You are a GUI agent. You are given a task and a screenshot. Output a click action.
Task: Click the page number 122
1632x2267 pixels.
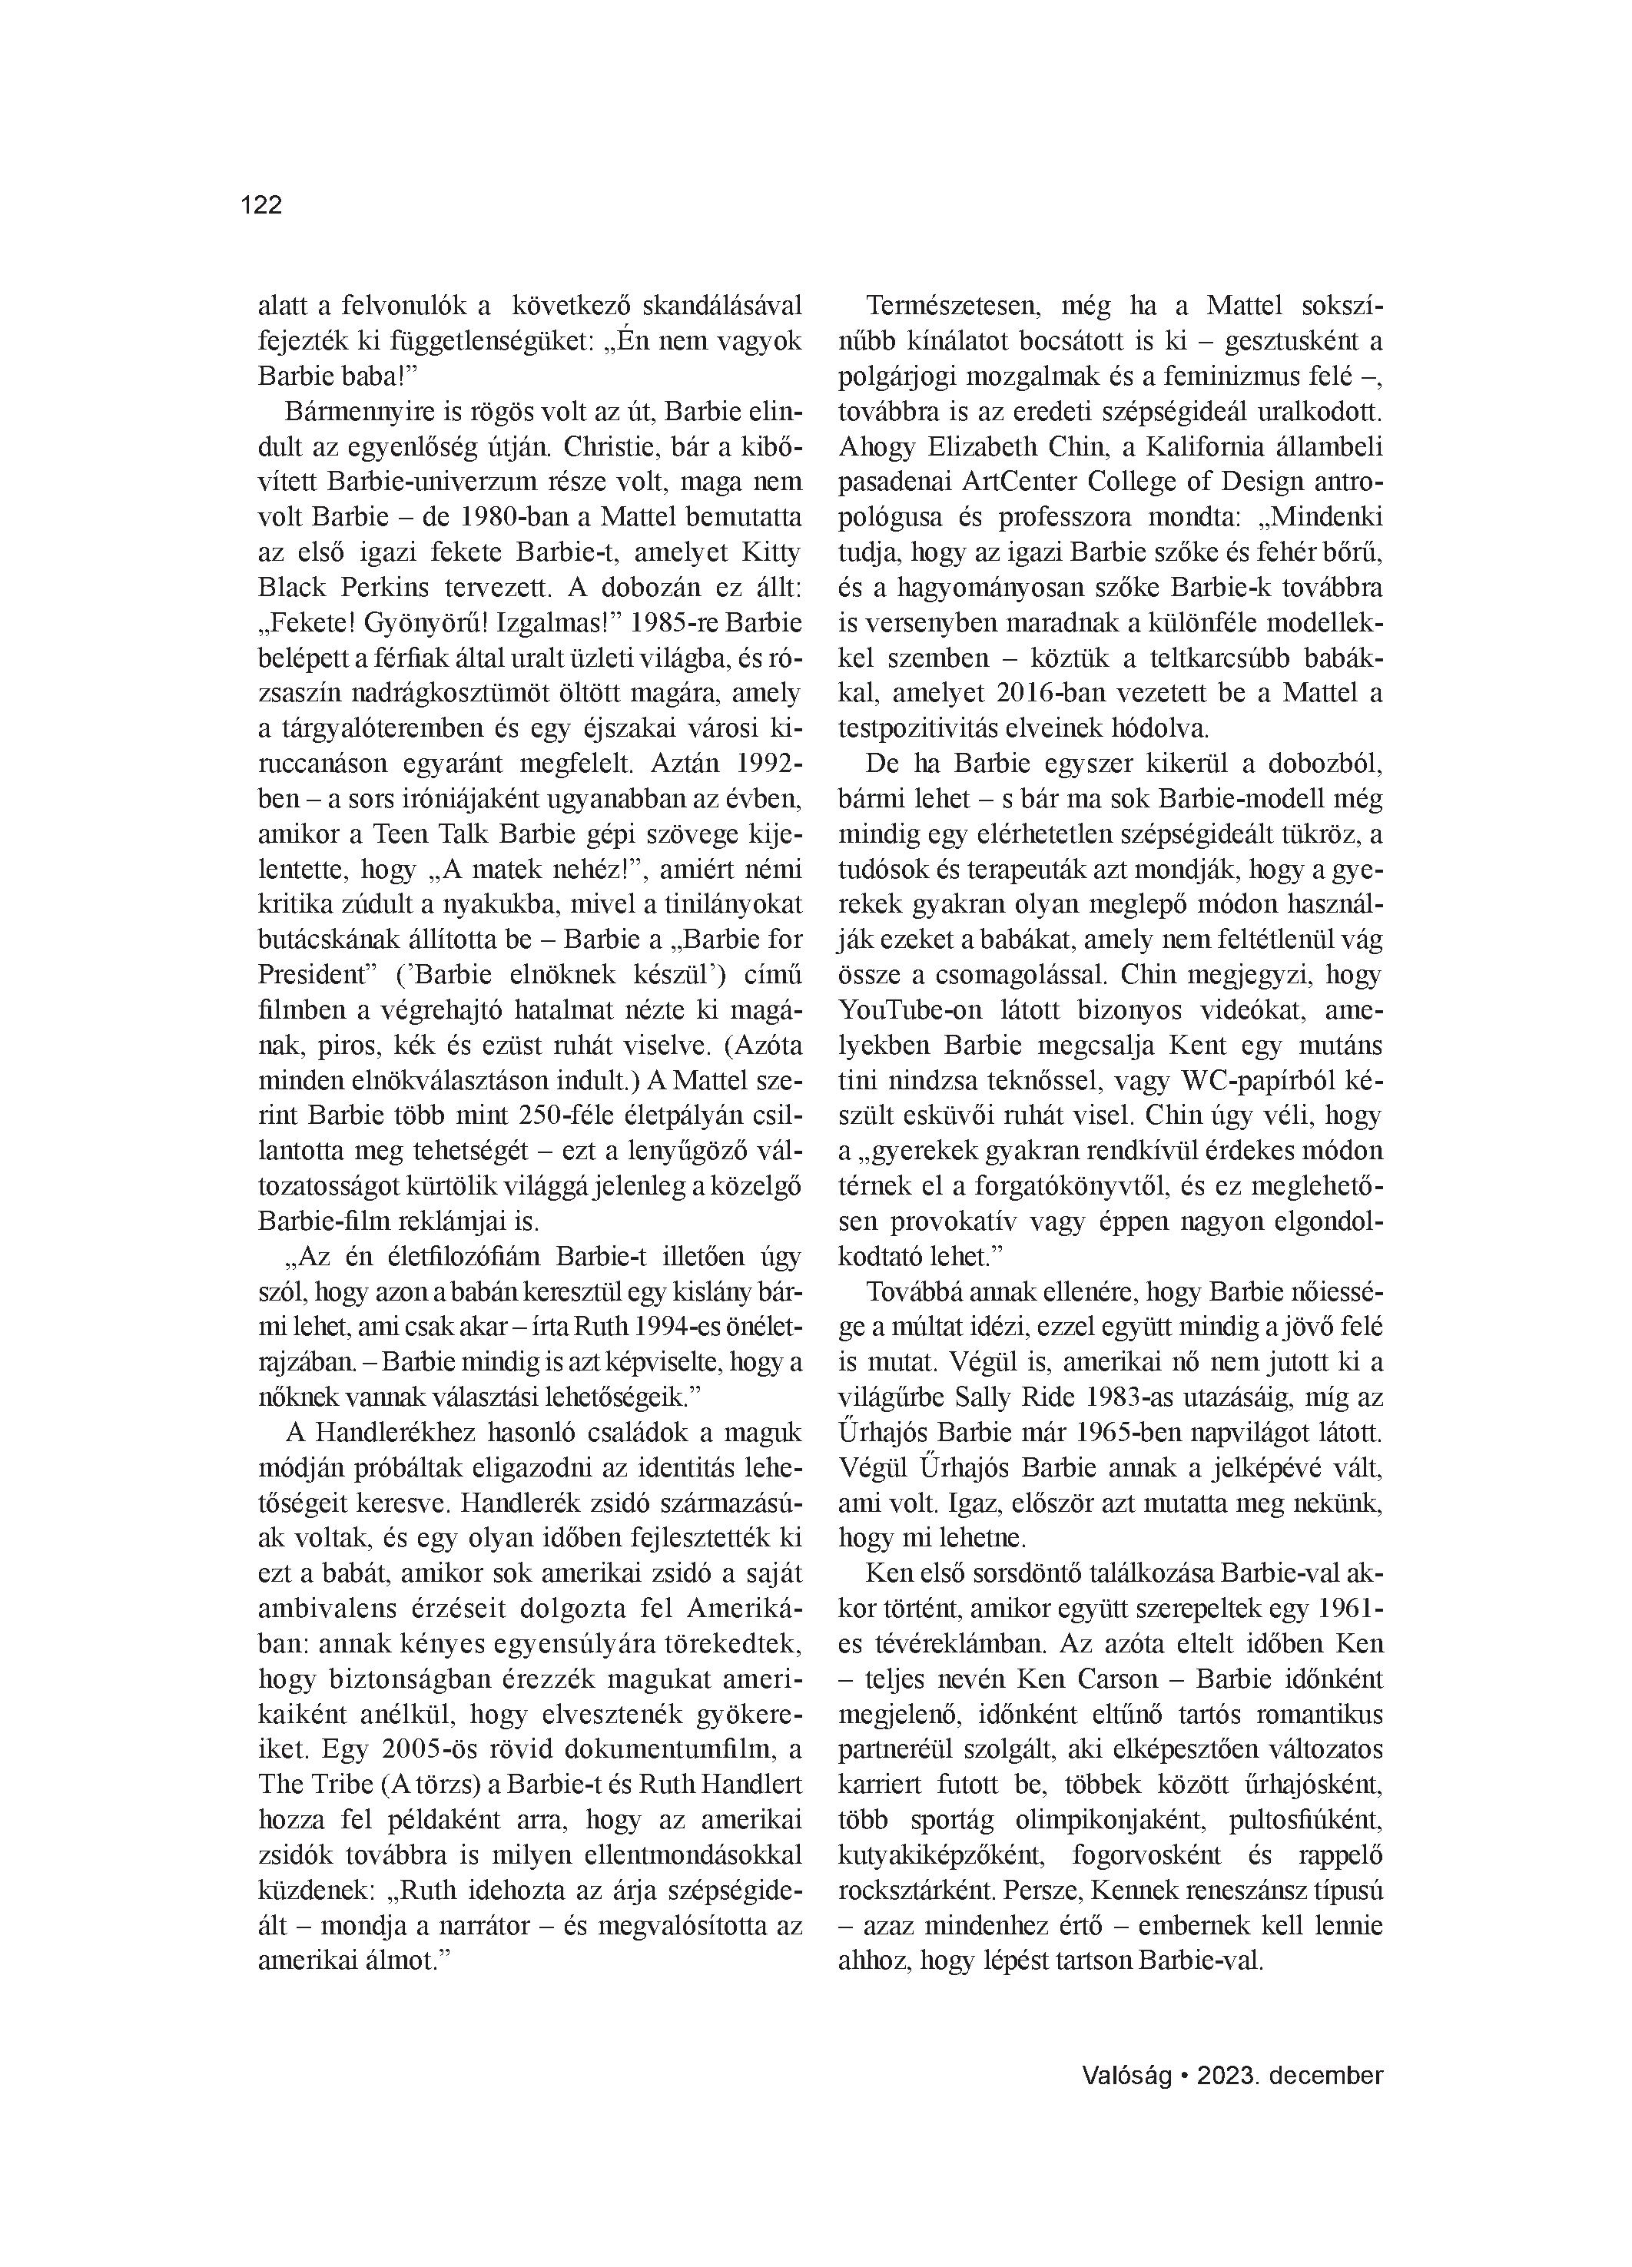coord(261,205)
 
